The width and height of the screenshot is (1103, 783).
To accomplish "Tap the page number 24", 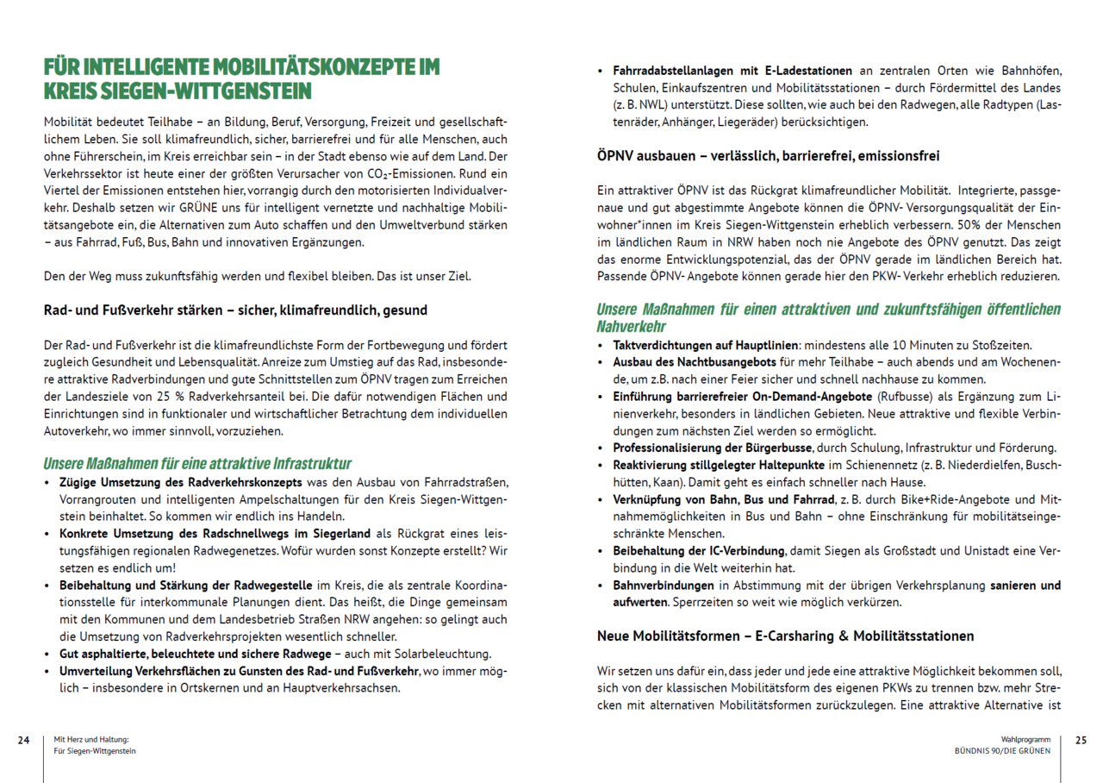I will (x=24, y=740).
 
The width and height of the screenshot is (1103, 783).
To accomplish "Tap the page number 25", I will (x=1081, y=740).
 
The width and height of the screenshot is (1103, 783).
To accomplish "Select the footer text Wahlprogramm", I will (x=1025, y=740).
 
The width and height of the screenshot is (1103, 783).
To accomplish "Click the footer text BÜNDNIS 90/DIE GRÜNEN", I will (x=1002, y=751).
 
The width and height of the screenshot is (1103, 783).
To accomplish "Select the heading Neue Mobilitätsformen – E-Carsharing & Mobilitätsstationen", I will (x=785, y=636).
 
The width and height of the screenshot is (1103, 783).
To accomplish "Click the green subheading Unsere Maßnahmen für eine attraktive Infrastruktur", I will (x=197, y=463).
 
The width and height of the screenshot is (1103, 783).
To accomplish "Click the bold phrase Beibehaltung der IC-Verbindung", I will (x=699, y=550).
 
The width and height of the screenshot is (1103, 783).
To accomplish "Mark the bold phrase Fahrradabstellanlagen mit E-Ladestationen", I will (x=732, y=71).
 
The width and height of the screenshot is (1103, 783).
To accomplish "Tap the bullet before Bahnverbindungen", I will (x=601, y=586).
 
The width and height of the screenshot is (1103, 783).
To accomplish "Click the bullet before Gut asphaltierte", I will (x=47, y=654).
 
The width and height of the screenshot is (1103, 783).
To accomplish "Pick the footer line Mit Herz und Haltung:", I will (x=91, y=740).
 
